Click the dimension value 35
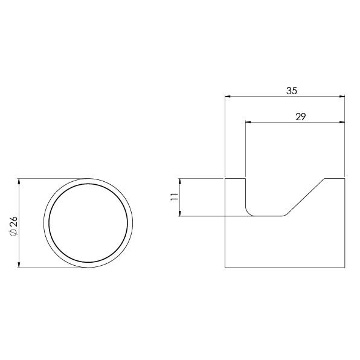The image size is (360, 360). point(291,91)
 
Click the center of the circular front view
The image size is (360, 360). point(88,223)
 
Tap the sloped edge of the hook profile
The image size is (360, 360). point(305,197)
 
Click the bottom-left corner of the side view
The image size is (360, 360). point(225,268)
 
